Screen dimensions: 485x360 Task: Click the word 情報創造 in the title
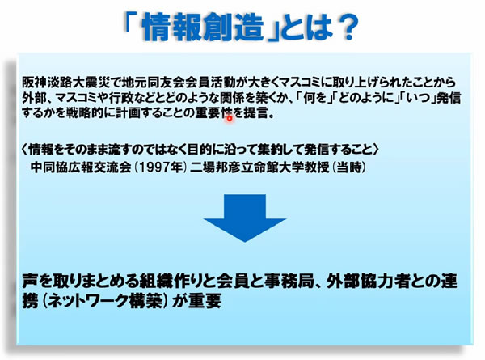pos(204,28)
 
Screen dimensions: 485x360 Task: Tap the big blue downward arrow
pos(245,218)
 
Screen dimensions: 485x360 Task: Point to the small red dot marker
pos(230,118)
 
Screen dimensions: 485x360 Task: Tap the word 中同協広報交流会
pos(81,167)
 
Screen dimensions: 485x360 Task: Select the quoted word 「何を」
pos(314,98)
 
